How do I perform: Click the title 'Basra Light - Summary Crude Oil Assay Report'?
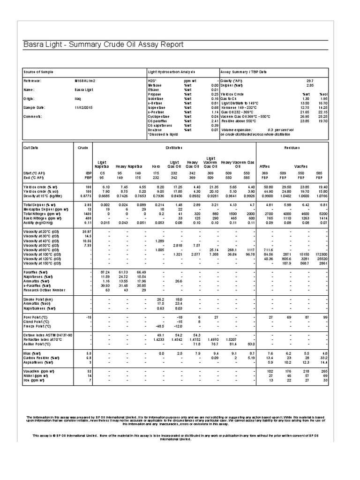(x=100, y=45)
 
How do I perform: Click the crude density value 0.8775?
(x=84, y=195)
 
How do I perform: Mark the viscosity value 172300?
(x=319, y=254)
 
